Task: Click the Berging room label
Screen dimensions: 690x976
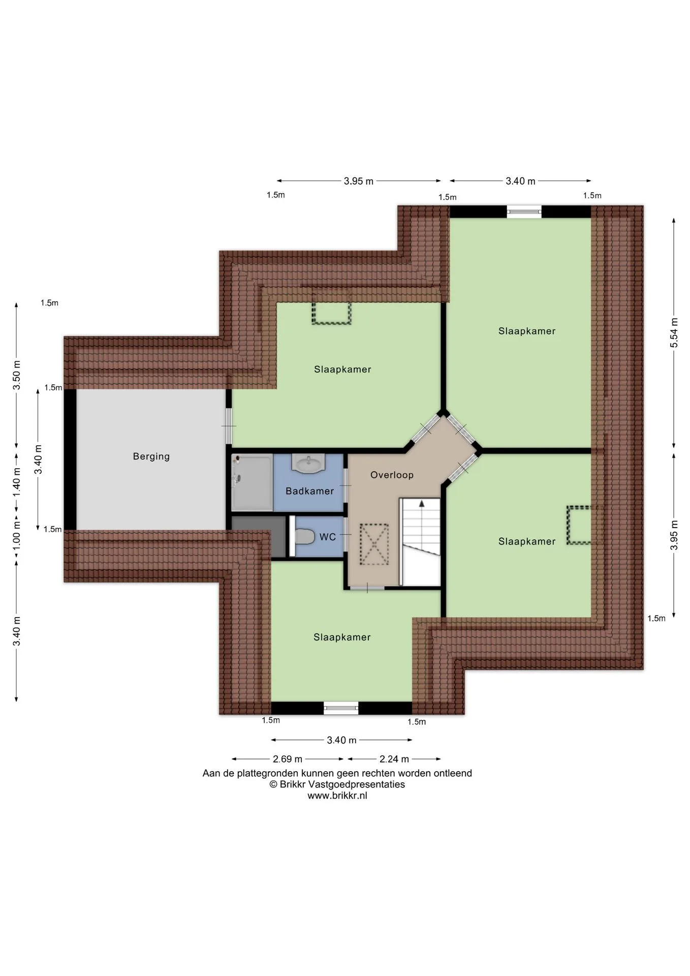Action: [x=151, y=456]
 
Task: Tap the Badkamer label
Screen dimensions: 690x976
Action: [x=309, y=491]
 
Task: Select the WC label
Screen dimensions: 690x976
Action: [x=327, y=537]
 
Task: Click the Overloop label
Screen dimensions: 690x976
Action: [x=392, y=475]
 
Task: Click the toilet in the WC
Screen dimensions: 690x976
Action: [x=304, y=536]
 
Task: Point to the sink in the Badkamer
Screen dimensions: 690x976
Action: [x=308, y=463]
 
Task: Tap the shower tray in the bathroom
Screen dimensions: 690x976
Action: [x=252, y=483]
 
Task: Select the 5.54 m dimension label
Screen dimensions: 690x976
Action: [x=674, y=332]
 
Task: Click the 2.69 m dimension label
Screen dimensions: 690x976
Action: [x=288, y=759]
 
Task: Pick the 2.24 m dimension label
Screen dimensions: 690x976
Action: [x=394, y=759]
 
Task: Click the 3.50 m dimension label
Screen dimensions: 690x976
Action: [x=16, y=375]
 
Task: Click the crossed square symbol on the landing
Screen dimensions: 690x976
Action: [x=374, y=544]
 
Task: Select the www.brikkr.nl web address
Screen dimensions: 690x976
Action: [x=337, y=796]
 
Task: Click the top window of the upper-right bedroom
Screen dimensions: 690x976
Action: [x=524, y=211]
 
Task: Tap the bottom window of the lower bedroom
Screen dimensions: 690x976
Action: [x=341, y=708]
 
